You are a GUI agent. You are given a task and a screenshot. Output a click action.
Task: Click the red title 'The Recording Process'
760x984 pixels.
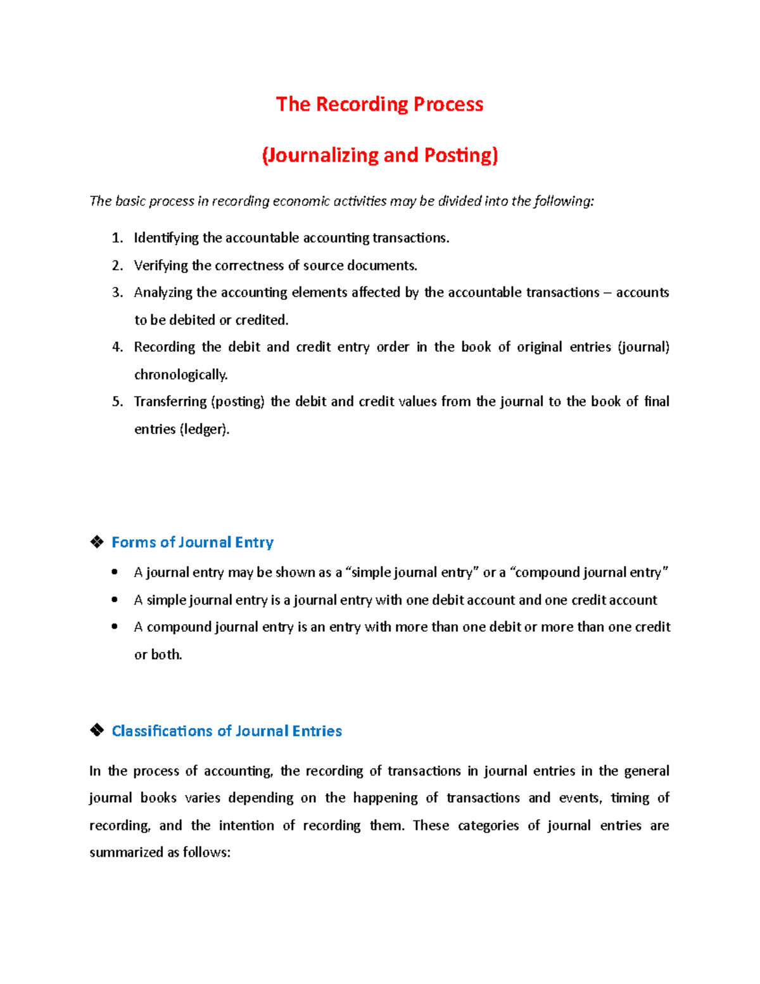point(379,104)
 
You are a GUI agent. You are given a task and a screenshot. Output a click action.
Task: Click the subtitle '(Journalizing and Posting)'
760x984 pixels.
point(379,155)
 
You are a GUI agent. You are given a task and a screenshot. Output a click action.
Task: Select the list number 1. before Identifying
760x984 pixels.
point(117,238)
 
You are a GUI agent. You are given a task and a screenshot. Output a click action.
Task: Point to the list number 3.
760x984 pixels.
point(117,293)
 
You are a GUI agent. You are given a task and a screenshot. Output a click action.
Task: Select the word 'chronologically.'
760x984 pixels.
point(180,374)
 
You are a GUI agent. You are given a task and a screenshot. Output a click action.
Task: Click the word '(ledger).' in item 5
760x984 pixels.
point(205,429)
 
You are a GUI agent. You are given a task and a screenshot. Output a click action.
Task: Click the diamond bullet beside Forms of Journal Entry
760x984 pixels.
point(97,542)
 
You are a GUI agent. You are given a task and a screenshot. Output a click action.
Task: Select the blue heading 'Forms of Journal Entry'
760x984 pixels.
point(193,542)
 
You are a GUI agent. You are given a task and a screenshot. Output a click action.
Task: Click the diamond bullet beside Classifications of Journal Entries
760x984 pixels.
point(97,731)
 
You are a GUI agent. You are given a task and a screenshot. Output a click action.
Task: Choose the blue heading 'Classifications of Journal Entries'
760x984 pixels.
point(227,731)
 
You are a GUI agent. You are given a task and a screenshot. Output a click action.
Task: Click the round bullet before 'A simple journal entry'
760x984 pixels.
point(115,599)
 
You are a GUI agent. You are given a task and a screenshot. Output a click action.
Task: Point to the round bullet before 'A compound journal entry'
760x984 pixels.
point(115,627)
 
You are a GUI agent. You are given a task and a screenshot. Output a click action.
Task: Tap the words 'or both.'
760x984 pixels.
point(158,655)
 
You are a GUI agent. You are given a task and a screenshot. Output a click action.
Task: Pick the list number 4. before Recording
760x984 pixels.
point(117,347)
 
